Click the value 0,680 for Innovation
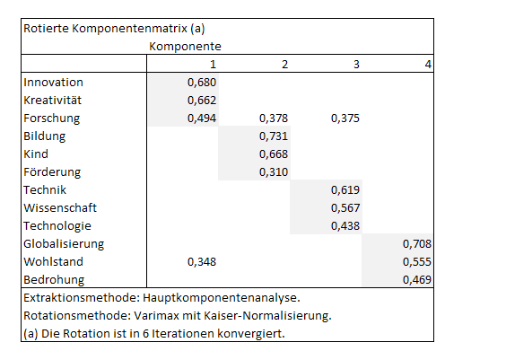[202, 83]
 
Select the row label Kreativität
[52, 101]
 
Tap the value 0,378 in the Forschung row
[274, 119]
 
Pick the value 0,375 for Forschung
[345, 119]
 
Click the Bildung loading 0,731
[274, 136]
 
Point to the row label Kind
[36, 154]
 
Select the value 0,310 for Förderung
[274, 172]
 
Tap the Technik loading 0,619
[345, 189]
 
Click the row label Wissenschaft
[60, 208]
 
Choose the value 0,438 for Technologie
[345, 226]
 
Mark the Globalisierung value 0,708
[417, 244]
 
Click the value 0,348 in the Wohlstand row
[202, 262]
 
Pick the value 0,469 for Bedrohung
[417, 279]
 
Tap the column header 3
[356, 65]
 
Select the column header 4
[428, 65]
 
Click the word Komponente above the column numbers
[185, 47]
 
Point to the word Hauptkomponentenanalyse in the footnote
[222, 298]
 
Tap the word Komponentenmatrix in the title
[129, 29]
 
